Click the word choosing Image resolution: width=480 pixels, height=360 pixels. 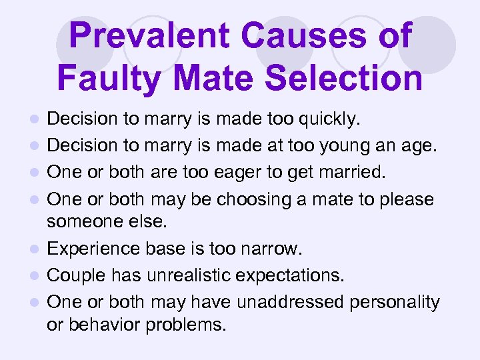pyautogui.click(x=252, y=199)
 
